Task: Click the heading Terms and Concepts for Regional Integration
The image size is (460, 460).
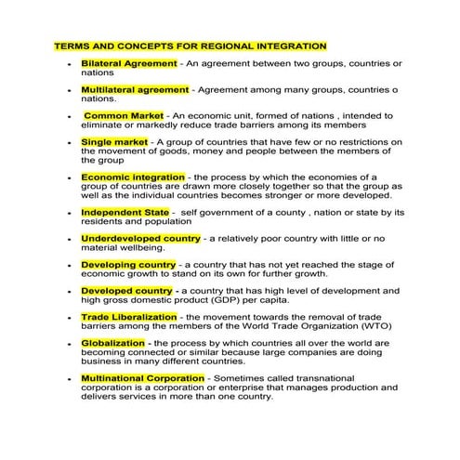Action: pos(191,45)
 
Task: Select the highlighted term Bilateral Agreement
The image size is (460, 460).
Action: pos(128,62)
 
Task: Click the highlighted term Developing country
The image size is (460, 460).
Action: pos(128,265)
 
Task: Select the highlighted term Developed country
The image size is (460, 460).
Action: pos(126,291)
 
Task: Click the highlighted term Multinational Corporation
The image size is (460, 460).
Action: pos(142,378)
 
